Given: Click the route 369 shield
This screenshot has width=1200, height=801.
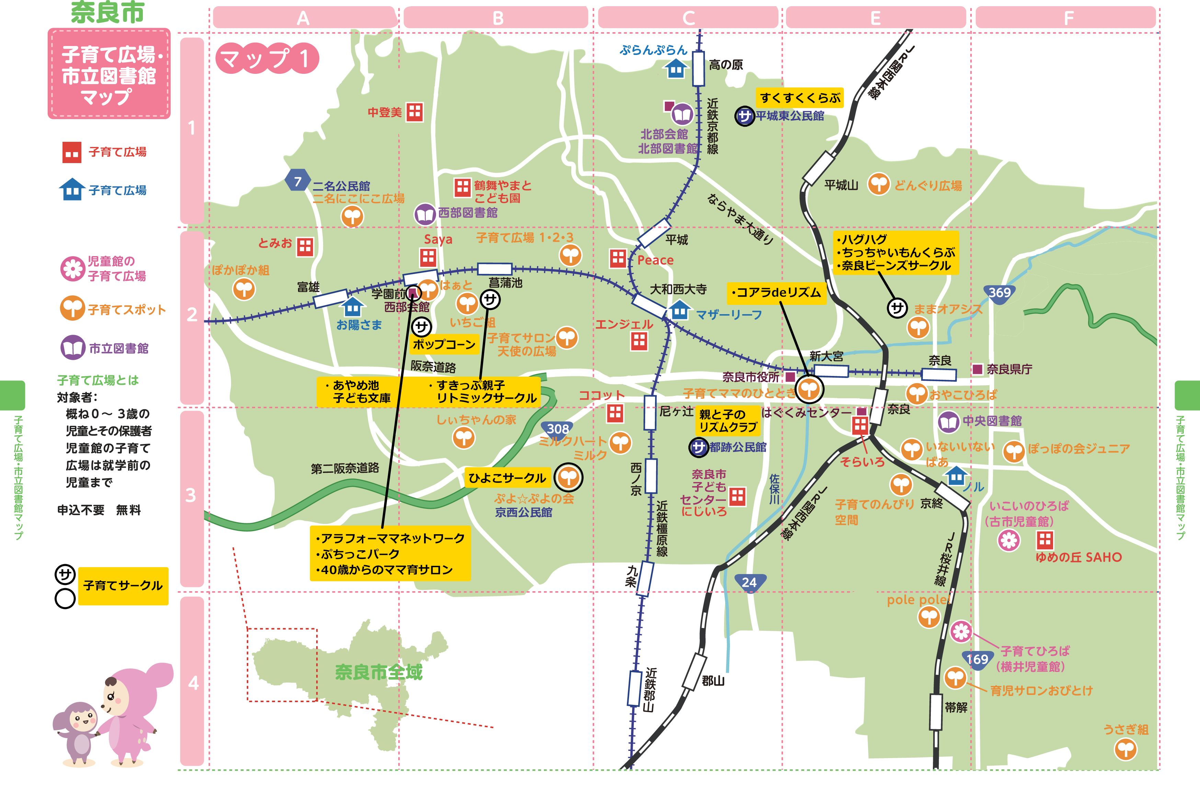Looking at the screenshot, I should (x=999, y=293).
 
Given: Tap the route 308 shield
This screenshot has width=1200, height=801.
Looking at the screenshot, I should (x=557, y=429).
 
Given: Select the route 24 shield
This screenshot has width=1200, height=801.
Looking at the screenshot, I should (x=750, y=582).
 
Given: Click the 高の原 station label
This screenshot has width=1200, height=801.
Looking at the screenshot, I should (x=725, y=65).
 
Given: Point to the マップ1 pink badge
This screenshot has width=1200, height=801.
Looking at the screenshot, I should (x=267, y=58).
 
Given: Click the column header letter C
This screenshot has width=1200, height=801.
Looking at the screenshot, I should (x=688, y=19).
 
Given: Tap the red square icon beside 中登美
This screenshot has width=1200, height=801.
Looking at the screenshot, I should (x=414, y=112).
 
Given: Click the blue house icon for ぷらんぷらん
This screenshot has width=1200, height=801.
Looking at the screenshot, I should (x=676, y=68).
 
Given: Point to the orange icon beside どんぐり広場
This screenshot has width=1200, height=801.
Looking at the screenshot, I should (x=879, y=184).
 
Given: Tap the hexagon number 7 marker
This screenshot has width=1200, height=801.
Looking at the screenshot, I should (x=298, y=181).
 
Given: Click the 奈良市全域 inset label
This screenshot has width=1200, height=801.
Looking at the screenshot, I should (x=379, y=672).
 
